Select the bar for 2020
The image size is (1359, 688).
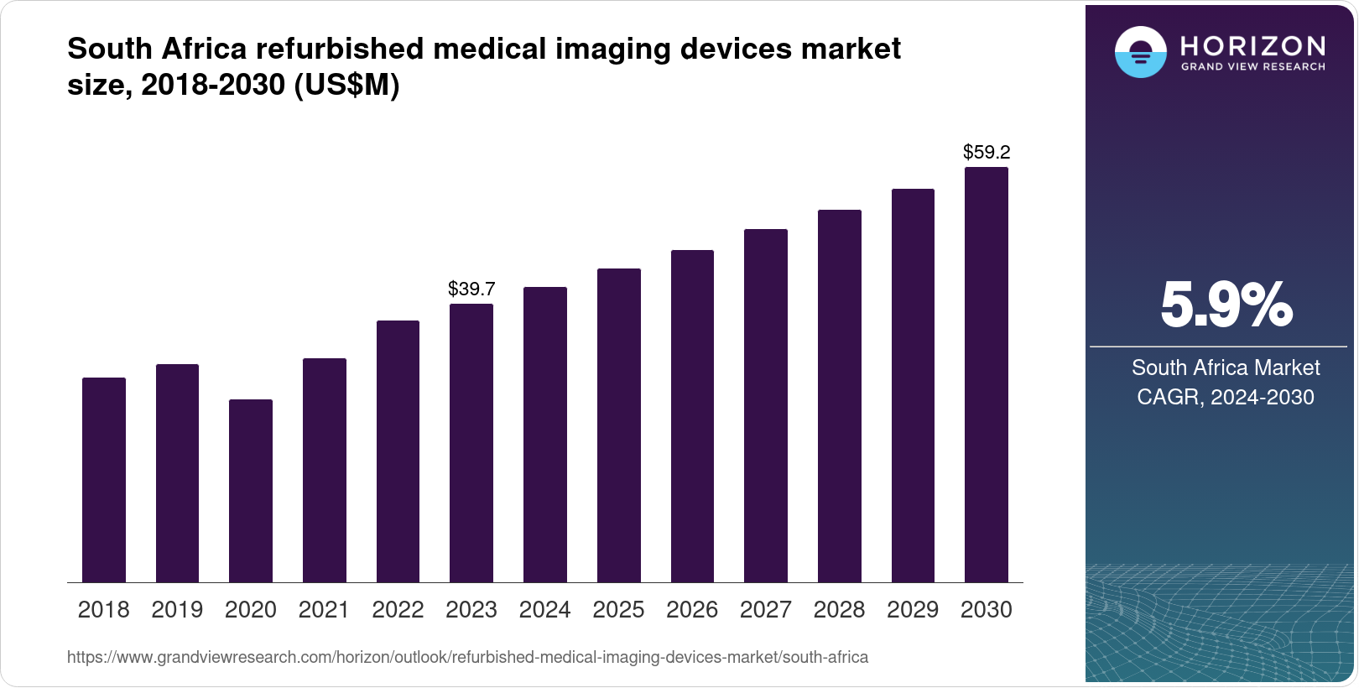tap(250, 491)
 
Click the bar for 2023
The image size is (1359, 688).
tap(471, 443)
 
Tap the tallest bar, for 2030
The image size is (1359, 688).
tap(986, 374)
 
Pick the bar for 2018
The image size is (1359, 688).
tap(103, 480)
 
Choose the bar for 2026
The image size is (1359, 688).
tap(692, 416)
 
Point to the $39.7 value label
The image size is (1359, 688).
tap(471, 289)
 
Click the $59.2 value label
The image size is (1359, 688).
tap(987, 153)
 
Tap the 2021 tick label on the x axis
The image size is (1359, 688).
tap(324, 610)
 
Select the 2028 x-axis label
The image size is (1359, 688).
tap(839, 610)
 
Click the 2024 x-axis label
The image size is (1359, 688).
tap(544, 610)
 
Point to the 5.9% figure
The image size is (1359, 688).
tap(1226, 305)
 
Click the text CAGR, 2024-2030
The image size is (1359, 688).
tap(1225, 397)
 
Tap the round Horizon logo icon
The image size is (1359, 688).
tap(1140, 52)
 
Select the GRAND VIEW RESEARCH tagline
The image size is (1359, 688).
tap(1252, 67)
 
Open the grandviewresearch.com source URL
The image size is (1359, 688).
tap(467, 657)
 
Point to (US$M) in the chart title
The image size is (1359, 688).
tap(346, 85)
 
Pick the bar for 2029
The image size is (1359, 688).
tap(913, 385)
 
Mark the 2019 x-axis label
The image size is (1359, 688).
tap(177, 610)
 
